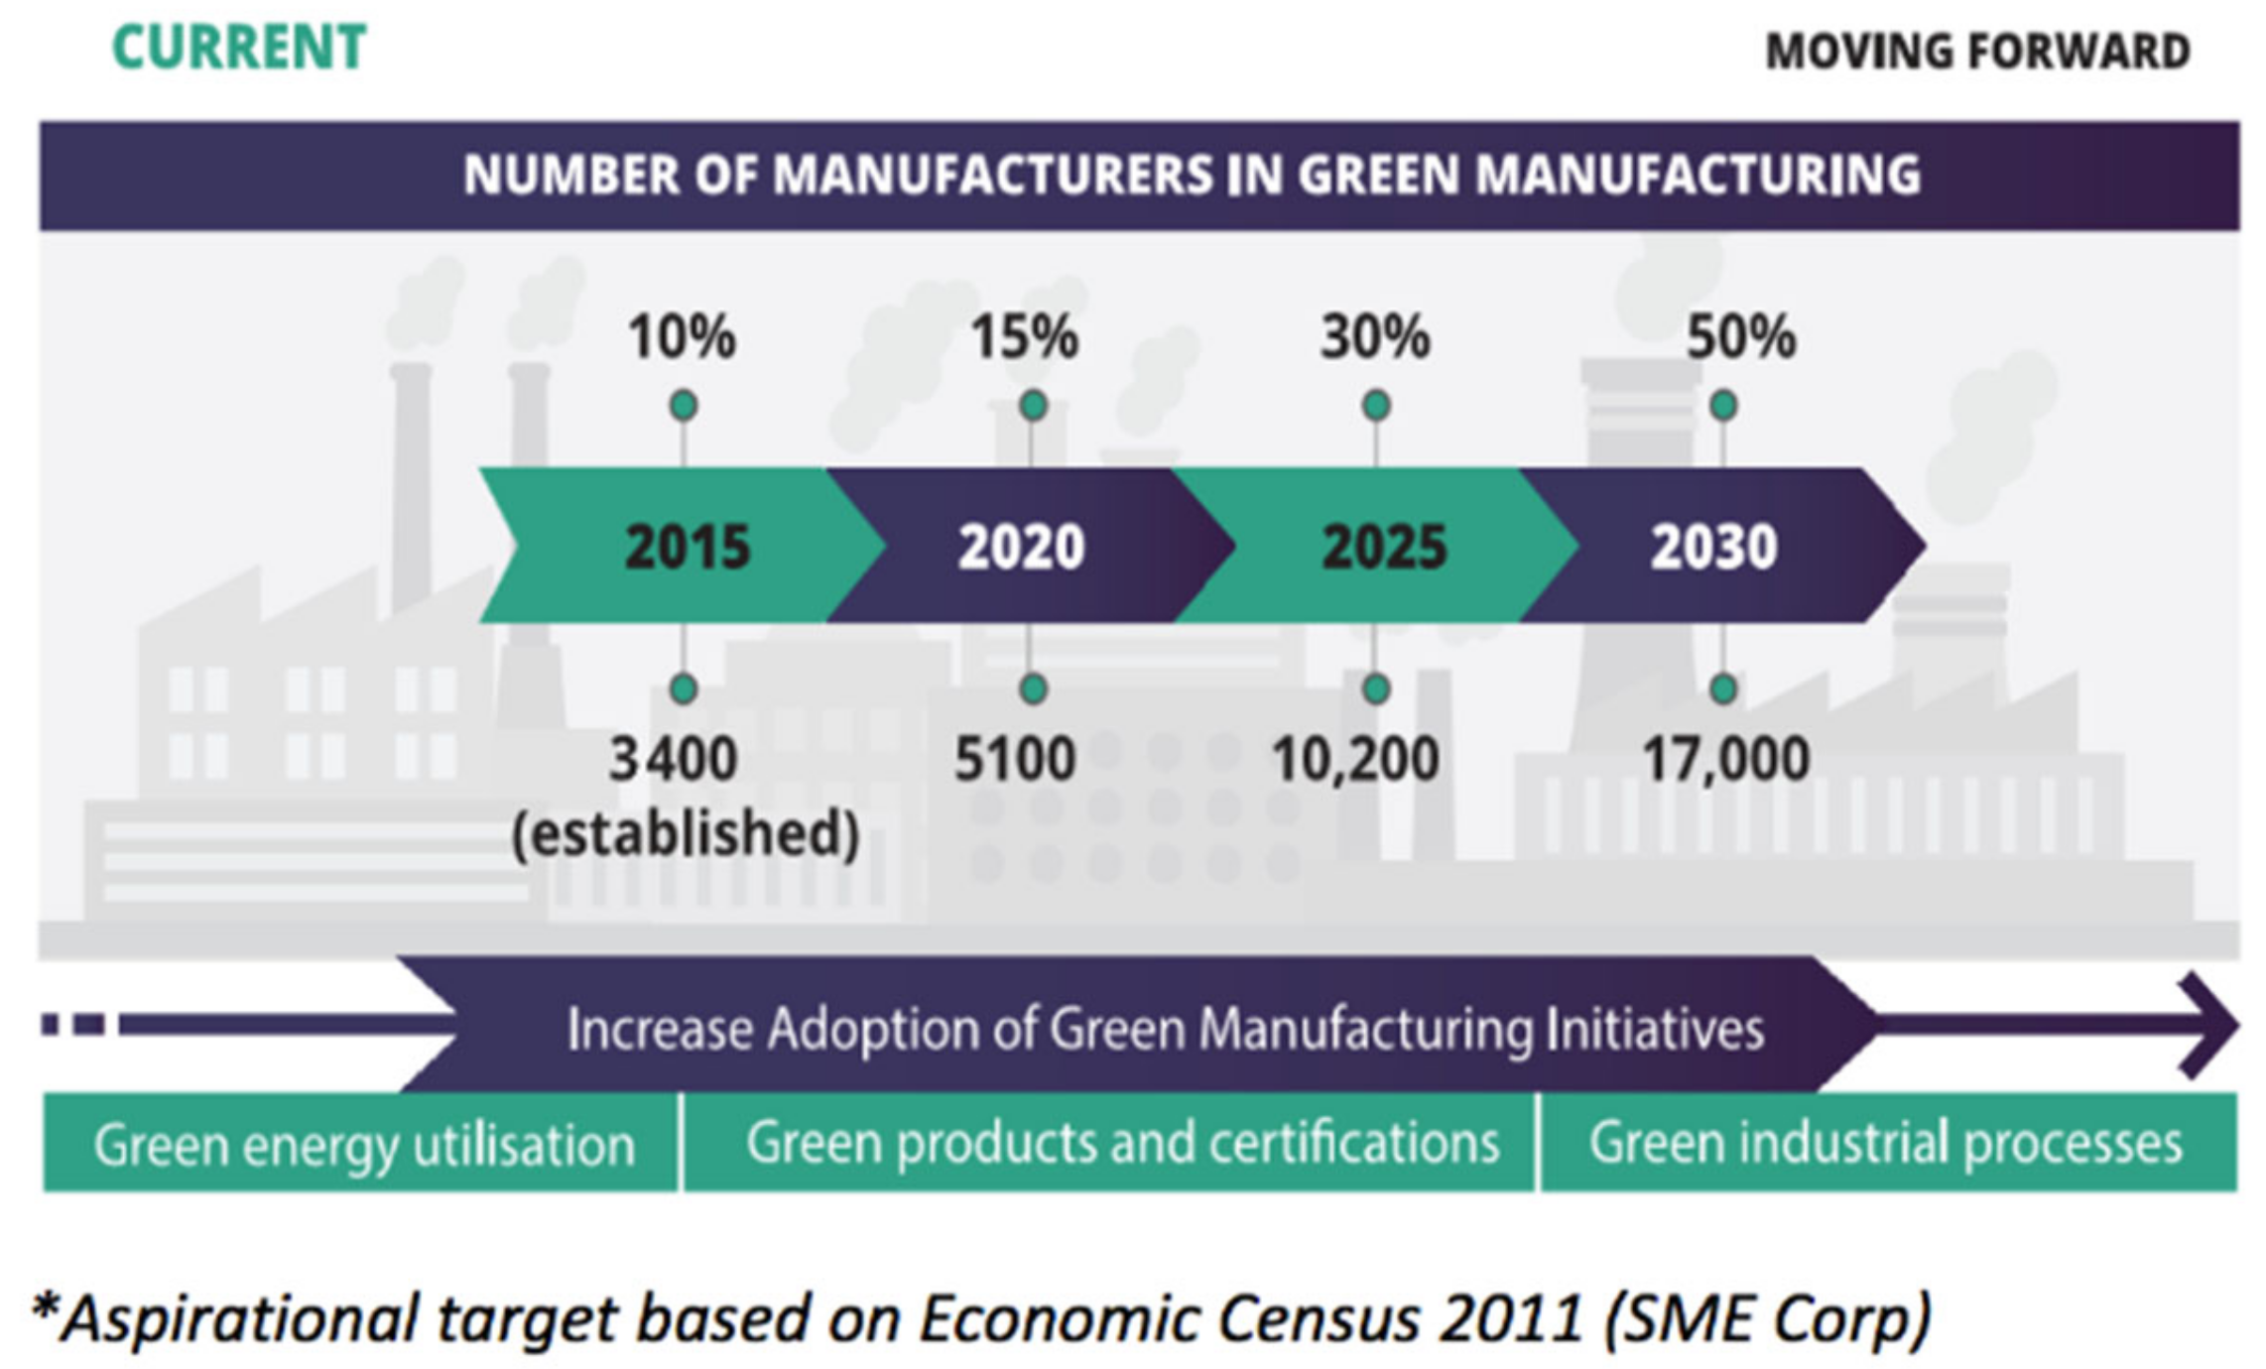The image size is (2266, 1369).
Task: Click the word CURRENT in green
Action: pyautogui.click(x=239, y=48)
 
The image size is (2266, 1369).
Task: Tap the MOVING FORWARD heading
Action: pyautogui.click(x=1977, y=52)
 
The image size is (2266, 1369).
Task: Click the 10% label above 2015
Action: pyautogui.click(x=682, y=337)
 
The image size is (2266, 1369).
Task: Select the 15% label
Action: pyautogui.click(x=1024, y=337)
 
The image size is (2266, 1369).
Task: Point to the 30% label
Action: pyautogui.click(x=1375, y=337)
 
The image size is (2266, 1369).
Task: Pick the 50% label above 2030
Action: pyautogui.click(x=1741, y=337)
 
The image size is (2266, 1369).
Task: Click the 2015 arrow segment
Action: pyautogui.click(x=687, y=547)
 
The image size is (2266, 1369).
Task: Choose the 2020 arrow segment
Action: pyautogui.click(x=1022, y=547)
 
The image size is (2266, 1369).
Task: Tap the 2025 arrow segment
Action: pyautogui.click(x=1384, y=547)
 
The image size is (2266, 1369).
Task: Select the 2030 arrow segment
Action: pyautogui.click(x=1713, y=547)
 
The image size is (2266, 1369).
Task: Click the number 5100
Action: pyautogui.click(x=1015, y=760)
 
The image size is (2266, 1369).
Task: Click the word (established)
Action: pyautogui.click(x=685, y=833)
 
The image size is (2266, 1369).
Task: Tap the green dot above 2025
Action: pyautogui.click(x=1376, y=406)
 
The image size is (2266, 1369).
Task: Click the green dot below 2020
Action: pyautogui.click(x=1033, y=688)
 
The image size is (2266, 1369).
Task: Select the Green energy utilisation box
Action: pyautogui.click(x=363, y=1144)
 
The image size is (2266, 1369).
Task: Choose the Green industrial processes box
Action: pyautogui.click(x=1885, y=1143)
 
